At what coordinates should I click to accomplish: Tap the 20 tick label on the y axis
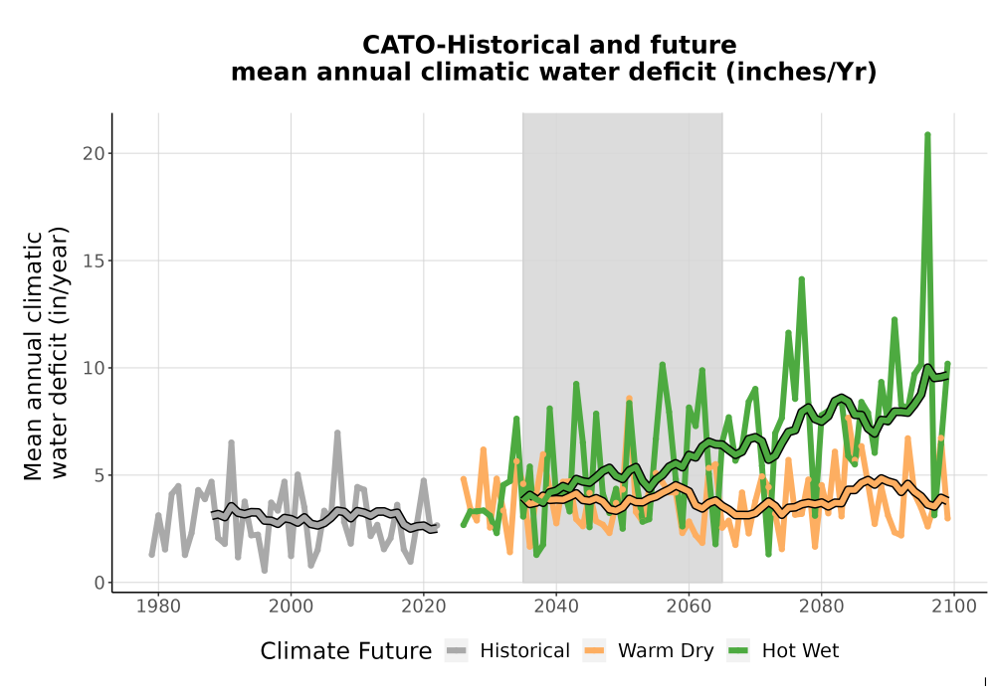tap(94, 153)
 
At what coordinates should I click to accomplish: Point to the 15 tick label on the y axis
tap(94, 261)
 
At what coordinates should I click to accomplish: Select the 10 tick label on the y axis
tap(94, 368)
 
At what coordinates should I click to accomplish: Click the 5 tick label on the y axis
tap(99, 475)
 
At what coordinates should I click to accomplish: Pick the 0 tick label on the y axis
tap(99, 583)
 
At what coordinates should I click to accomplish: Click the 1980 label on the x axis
tap(158, 607)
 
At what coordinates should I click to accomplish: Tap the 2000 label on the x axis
tap(292, 607)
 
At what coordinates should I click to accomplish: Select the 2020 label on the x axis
tap(424, 607)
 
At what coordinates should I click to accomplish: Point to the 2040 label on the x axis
tap(556, 607)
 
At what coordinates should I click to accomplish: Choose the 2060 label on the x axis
tap(689, 607)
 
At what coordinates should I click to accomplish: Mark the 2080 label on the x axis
tap(821, 607)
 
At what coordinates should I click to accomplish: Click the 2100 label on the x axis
tap(954, 607)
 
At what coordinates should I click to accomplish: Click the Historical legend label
tap(524, 651)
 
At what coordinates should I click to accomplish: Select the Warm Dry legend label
tap(666, 651)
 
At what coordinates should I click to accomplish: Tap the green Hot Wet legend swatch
tap(738, 650)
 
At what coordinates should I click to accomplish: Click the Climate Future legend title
tap(346, 651)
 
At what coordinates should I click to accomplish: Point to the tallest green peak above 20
tap(927, 135)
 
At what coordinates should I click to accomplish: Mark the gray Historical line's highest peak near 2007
tap(337, 434)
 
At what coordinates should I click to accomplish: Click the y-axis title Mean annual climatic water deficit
tap(46, 355)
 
